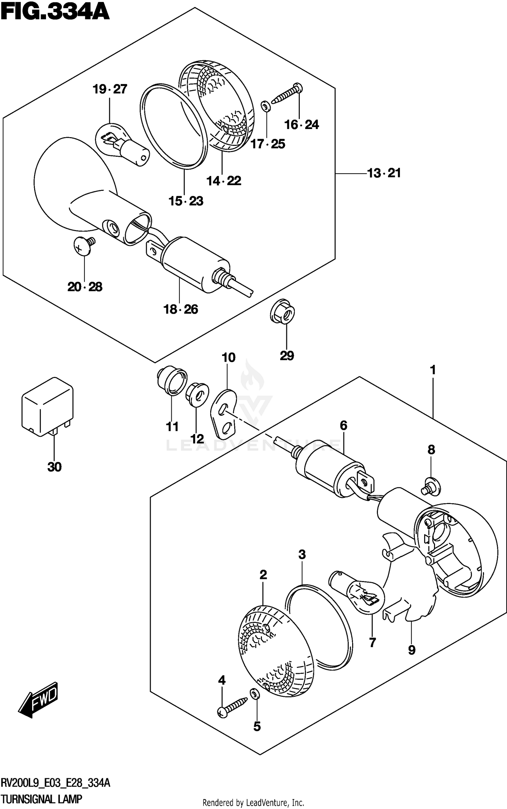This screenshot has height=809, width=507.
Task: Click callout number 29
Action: pos(287,355)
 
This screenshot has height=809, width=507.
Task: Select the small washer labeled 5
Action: pos(254,693)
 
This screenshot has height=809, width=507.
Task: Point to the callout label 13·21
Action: pos(384,173)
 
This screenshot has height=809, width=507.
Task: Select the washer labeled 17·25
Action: pos(265,107)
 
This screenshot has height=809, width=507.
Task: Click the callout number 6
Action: pos(343,425)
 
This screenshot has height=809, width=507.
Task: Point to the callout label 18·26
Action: pos(181,309)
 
